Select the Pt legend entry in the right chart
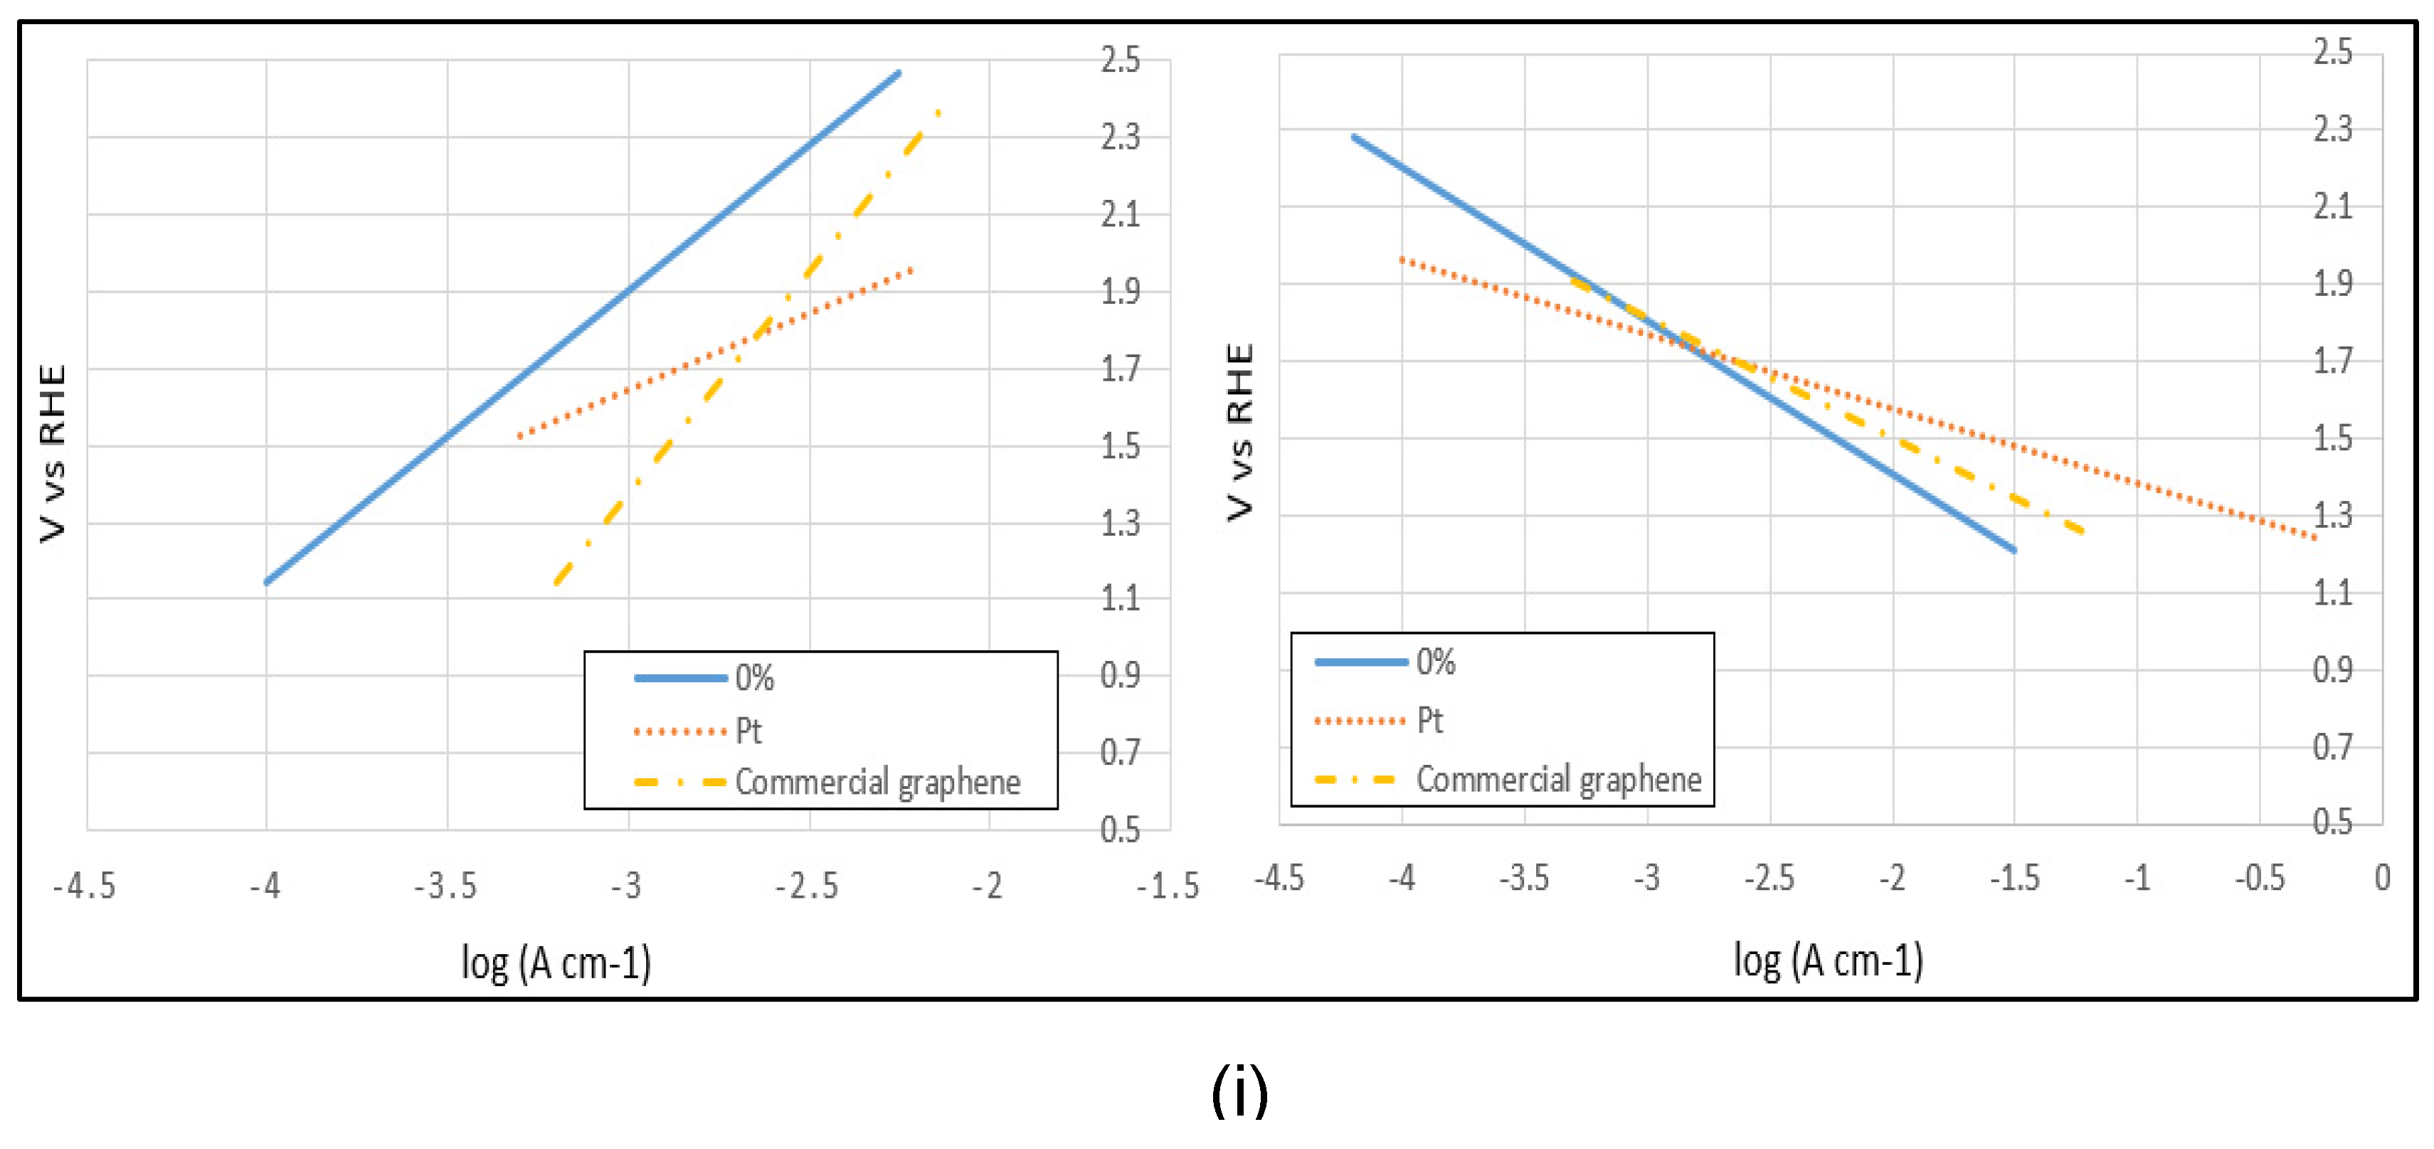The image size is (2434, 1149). [x=1429, y=721]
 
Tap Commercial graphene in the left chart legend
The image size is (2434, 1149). [x=877, y=783]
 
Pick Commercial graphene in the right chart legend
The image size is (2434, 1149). [x=1557, y=780]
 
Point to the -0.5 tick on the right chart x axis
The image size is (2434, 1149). [x=2258, y=878]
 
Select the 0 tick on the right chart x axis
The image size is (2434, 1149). [x=2382, y=878]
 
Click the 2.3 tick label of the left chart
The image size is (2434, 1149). [x=1120, y=137]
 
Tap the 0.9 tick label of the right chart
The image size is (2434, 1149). [x=2332, y=670]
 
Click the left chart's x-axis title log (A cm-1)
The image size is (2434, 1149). [x=556, y=963]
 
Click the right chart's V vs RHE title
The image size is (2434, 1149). [x=1239, y=432]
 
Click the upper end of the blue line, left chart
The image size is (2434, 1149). [x=898, y=73]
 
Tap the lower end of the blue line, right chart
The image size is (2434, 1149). [x=2013, y=549]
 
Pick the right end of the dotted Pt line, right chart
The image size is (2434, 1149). [x=2314, y=538]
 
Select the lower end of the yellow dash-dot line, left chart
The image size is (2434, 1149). [x=556, y=582]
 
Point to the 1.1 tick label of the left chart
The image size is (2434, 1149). [x=1120, y=598]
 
